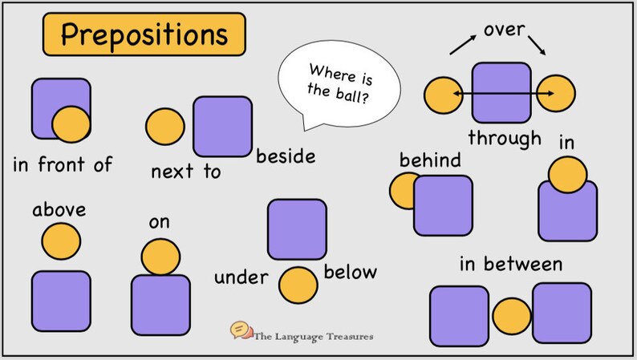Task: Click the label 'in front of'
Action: click(63, 166)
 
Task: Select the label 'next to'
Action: click(185, 171)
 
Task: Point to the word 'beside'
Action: click(286, 156)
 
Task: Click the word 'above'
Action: click(59, 211)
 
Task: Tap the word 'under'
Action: click(240, 278)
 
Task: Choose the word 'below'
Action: click(350, 273)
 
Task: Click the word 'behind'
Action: click(430, 160)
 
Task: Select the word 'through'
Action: click(505, 137)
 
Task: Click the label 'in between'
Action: click(510, 264)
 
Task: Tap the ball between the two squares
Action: click(513, 316)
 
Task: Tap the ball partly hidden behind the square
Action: click(403, 190)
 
